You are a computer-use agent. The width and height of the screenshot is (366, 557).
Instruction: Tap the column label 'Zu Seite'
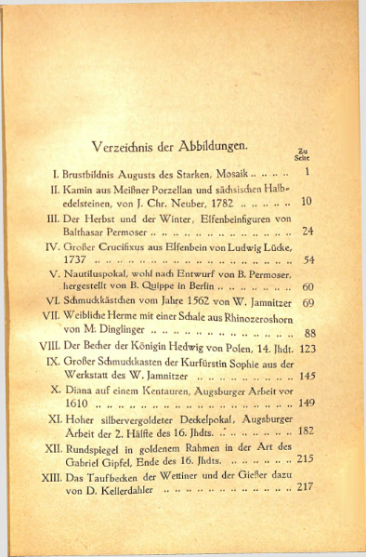301,154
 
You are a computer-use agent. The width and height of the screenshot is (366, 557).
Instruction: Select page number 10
307,201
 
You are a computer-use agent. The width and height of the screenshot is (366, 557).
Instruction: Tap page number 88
310,333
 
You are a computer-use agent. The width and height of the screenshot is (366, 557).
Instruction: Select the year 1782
217,202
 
